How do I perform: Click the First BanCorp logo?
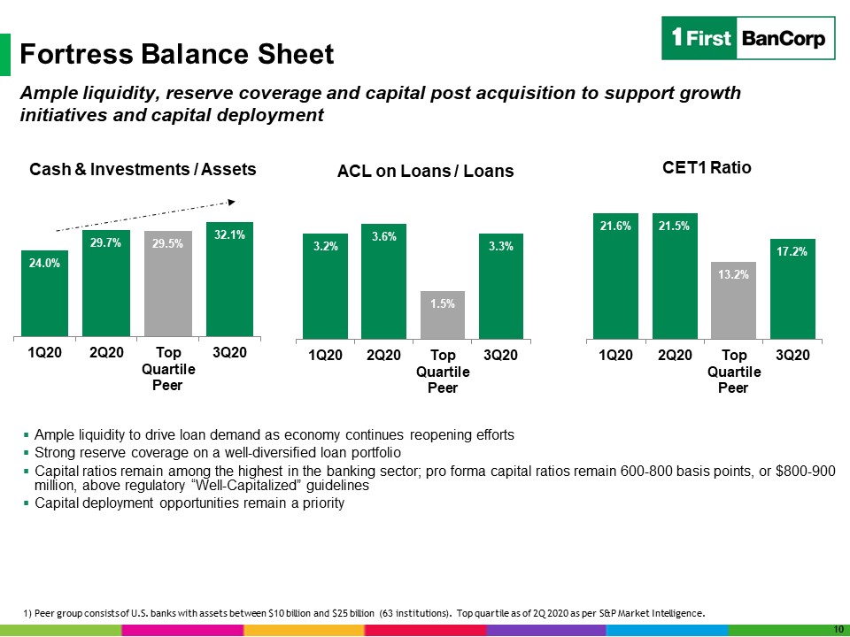coord(748,38)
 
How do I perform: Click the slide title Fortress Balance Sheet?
coord(177,54)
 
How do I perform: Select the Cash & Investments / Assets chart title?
coord(143,170)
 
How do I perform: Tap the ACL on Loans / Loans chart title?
coord(426,171)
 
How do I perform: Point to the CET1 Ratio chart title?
coord(707,167)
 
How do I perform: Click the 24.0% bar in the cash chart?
coord(44,294)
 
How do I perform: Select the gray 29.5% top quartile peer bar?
coord(168,284)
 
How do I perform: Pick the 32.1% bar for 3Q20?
coord(230,280)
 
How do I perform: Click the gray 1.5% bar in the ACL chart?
coord(443,315)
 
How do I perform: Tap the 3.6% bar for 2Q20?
coord(383,281)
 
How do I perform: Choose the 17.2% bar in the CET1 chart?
coord(792,289)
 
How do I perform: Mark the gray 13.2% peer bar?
coord(733,301)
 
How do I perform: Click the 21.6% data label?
coord(615,226)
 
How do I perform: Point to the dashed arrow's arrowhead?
coord(232,202)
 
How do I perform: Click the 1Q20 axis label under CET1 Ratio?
coord(616,356)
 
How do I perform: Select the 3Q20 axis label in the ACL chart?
coord(500,356)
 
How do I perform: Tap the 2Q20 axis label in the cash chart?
coord(107,353)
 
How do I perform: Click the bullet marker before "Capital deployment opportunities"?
coord(26,503)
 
